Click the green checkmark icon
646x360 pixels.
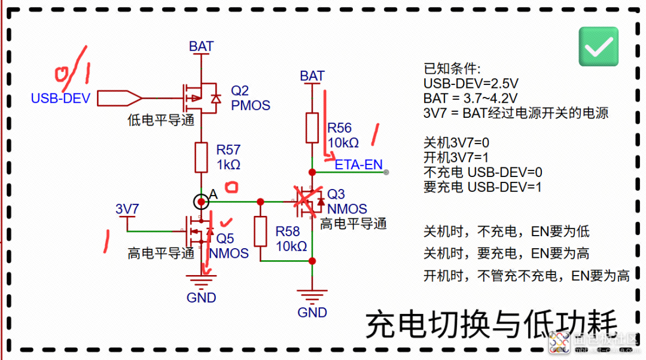click(x=599, y=47)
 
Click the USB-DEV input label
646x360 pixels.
click(x=60, y=98)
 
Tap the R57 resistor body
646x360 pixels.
click(x=202, y=157)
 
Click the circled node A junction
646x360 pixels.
click(x=202, y=202)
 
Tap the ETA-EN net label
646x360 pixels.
click(x=359, y=164)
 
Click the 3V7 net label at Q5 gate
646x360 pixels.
click(x=127, y=209)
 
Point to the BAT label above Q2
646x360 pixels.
click(x=201, y=47)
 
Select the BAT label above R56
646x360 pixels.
click(x=312, y=76)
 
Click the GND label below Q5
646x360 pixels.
click(x=202, y=297)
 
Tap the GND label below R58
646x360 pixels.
click(x=312, y=312)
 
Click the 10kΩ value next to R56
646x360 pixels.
click(x=343, y=143)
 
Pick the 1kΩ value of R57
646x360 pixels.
click(x=228, y=164)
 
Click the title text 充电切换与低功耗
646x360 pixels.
click(x=490, y=325)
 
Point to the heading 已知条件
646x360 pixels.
click(x=448, y=68)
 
